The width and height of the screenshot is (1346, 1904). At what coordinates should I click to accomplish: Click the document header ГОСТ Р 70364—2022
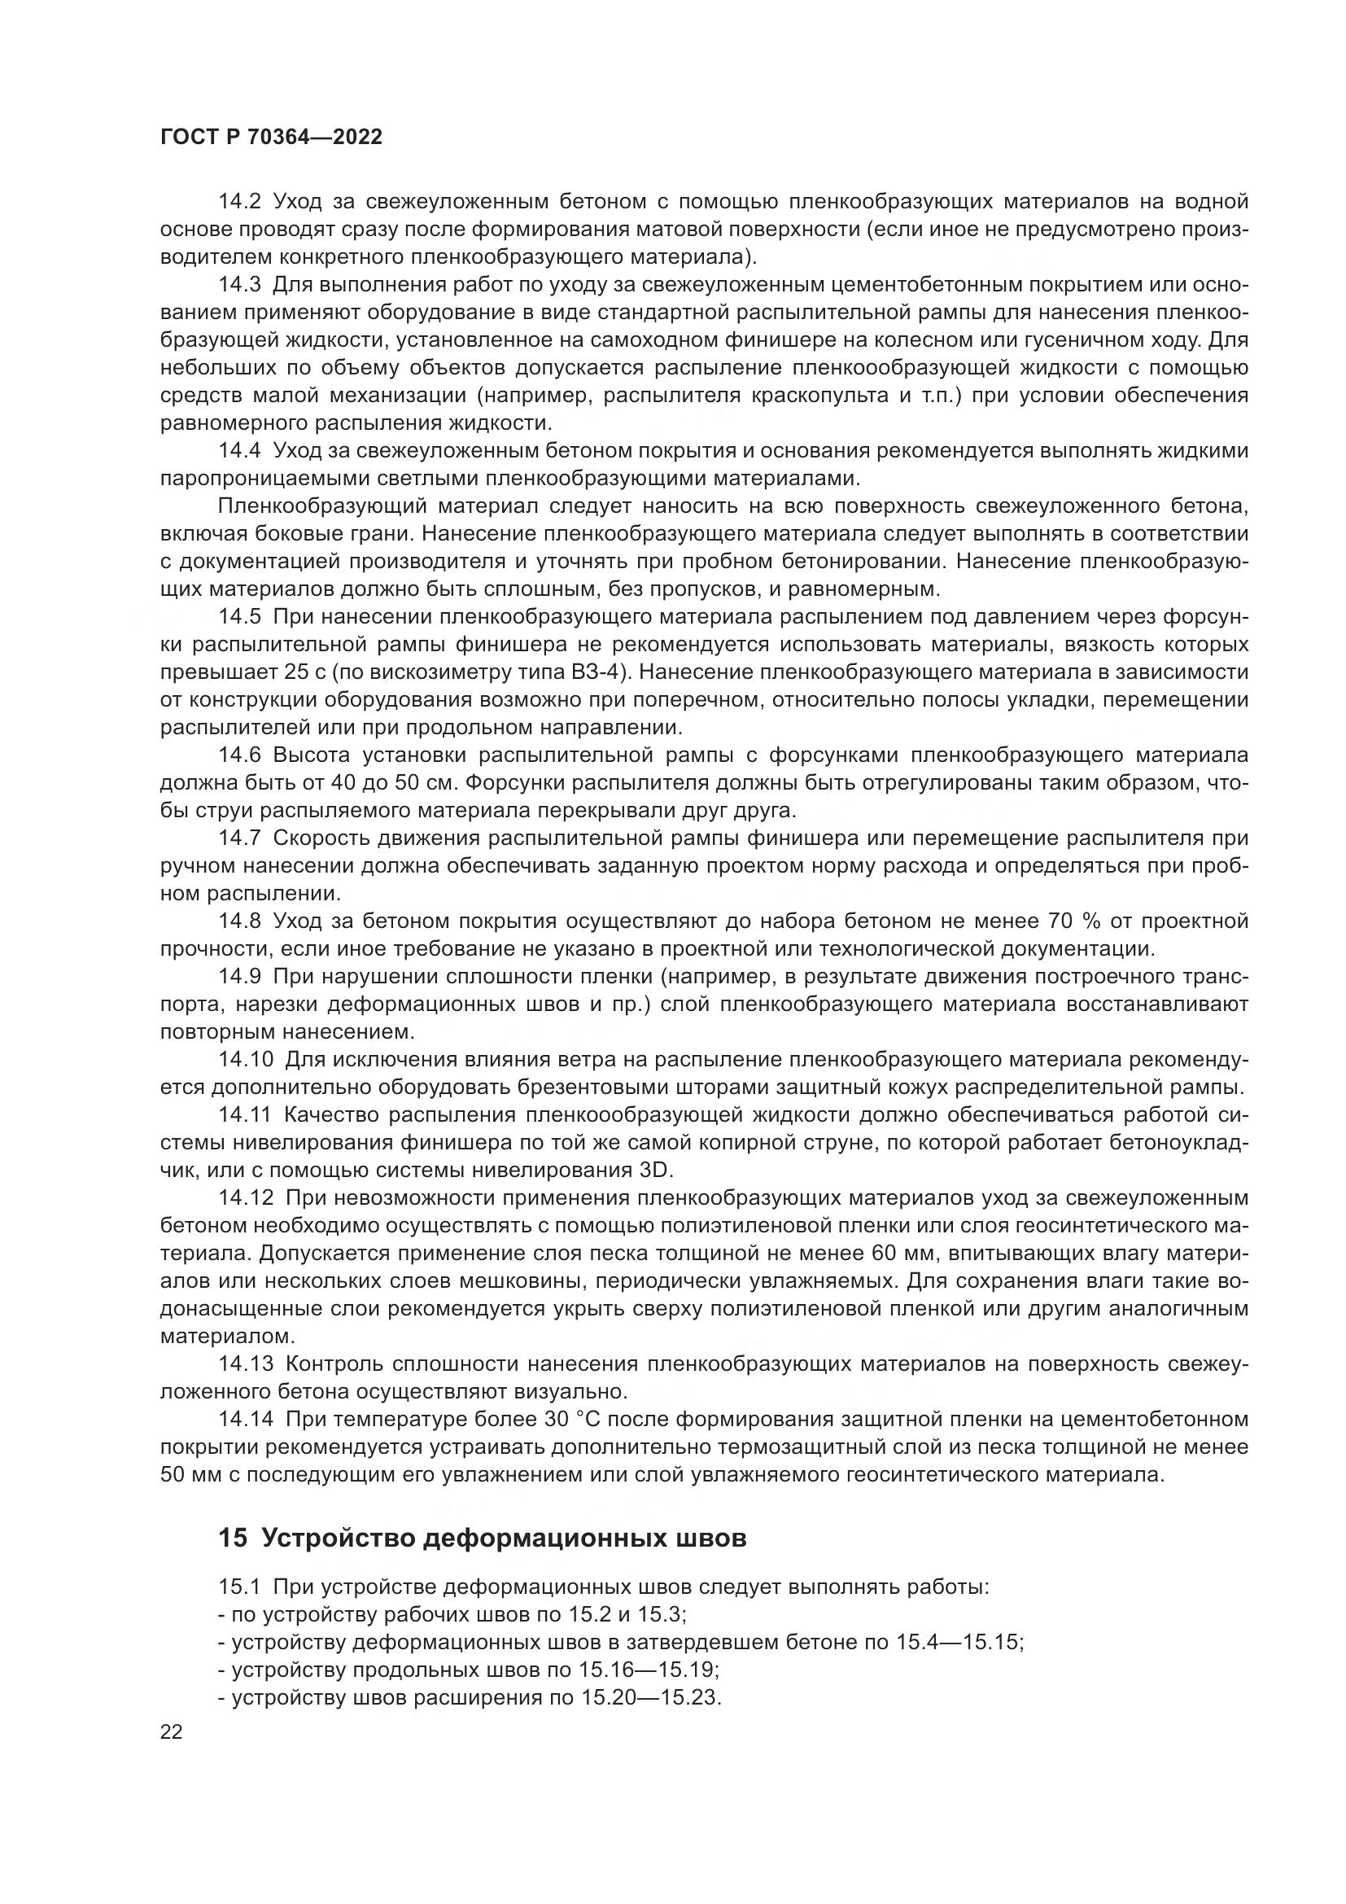pyautogui.click(x=271, y=138)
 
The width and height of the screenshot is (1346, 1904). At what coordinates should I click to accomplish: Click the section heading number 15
pyautogui.click(x=233, y=1539)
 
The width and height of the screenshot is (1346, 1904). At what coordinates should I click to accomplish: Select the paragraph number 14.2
pyautogui.click(x=239, y=202)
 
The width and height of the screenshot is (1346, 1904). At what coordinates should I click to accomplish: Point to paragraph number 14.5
pyautogui.click(x=239, y=617)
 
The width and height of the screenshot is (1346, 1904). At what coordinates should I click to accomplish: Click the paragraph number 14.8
pyautogui.click(x=239, y=921)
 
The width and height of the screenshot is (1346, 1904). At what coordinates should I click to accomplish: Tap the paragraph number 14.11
pyautogui.click(x=245, y=1115)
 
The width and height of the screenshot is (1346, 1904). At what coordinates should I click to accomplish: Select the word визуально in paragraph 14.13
pyautogui.click(x=576, y=1390)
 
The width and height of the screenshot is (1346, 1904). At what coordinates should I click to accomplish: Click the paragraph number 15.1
pyautogui.click(x=239, y=1588)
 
